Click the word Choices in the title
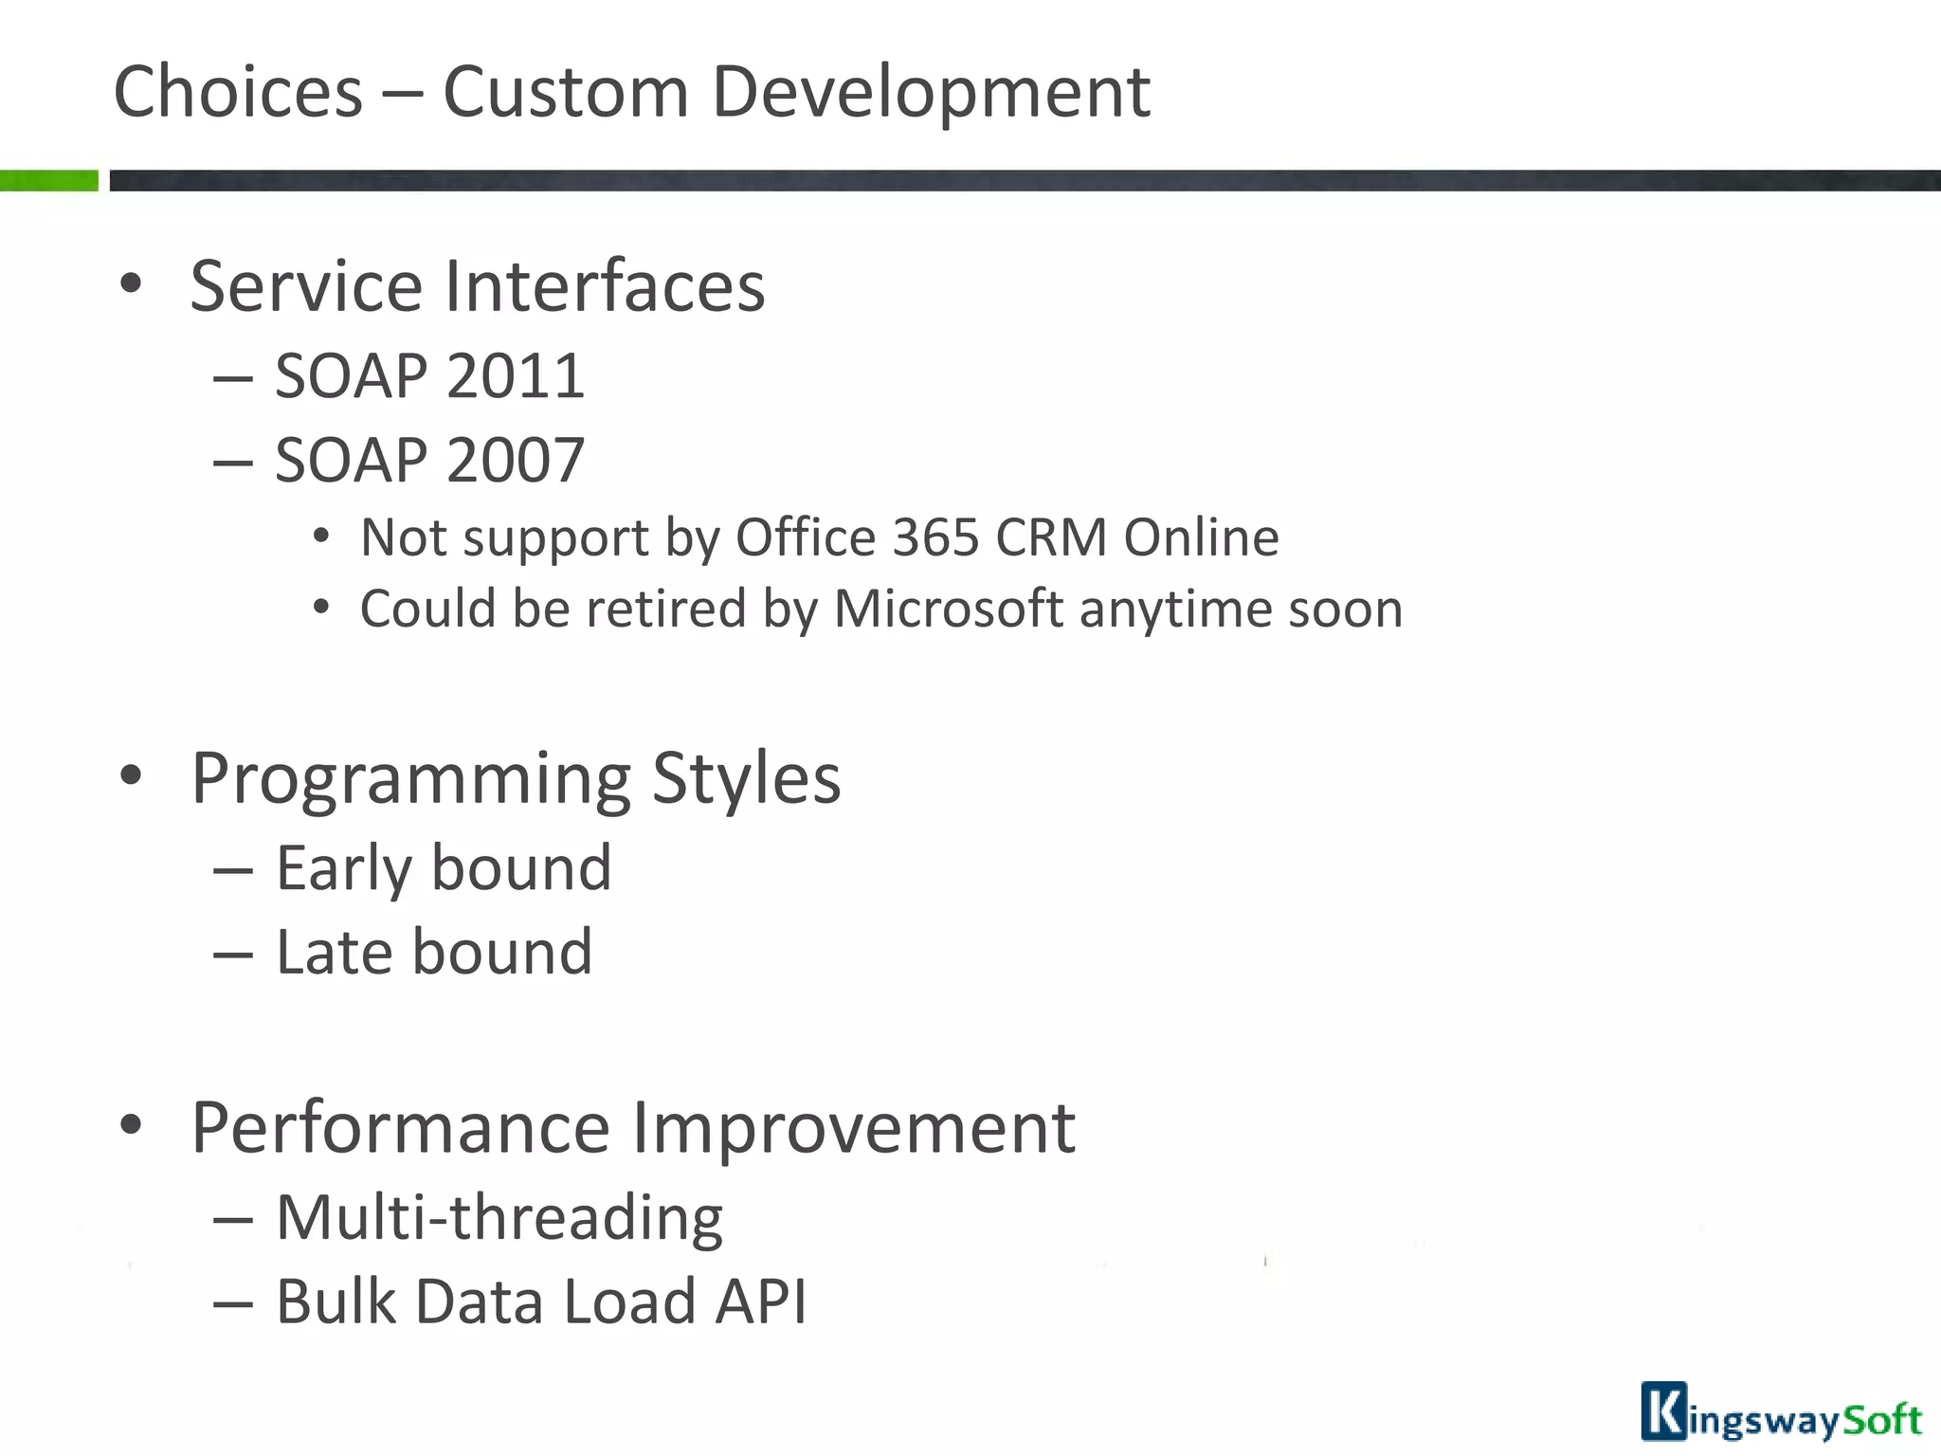(238, 92)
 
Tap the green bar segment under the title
(48, 180)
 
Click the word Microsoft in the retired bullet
(948, 609)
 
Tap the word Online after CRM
(1201, 538)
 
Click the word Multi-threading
(499, 1218)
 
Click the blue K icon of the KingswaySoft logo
(1663, 1411)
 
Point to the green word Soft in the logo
(1882, 1419)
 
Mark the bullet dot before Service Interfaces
(131, 283)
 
